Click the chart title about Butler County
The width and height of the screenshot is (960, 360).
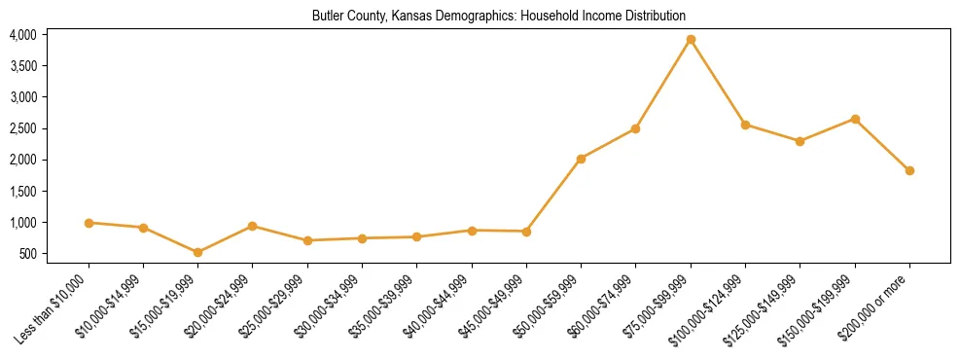point(498,16)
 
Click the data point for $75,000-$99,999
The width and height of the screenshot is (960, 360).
point(691,40)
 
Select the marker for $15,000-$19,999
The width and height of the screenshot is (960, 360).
point(198,252)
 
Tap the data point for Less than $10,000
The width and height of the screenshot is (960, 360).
point(89,223)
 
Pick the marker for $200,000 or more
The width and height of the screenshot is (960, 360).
point(909,170)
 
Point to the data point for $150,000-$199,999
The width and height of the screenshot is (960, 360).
point(855,119)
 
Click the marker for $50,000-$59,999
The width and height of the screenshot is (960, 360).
point(581,159)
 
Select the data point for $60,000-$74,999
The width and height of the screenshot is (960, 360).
point(636,128)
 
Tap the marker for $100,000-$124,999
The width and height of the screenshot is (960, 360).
point(745,125)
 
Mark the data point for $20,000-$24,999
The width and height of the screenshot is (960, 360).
point(253,226)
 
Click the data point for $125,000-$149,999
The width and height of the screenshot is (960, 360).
point(800,141)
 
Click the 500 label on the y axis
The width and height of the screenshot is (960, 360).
point(28,254)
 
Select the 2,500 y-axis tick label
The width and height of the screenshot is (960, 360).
point(23,128)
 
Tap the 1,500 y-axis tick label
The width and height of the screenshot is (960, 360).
point(23,192)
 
